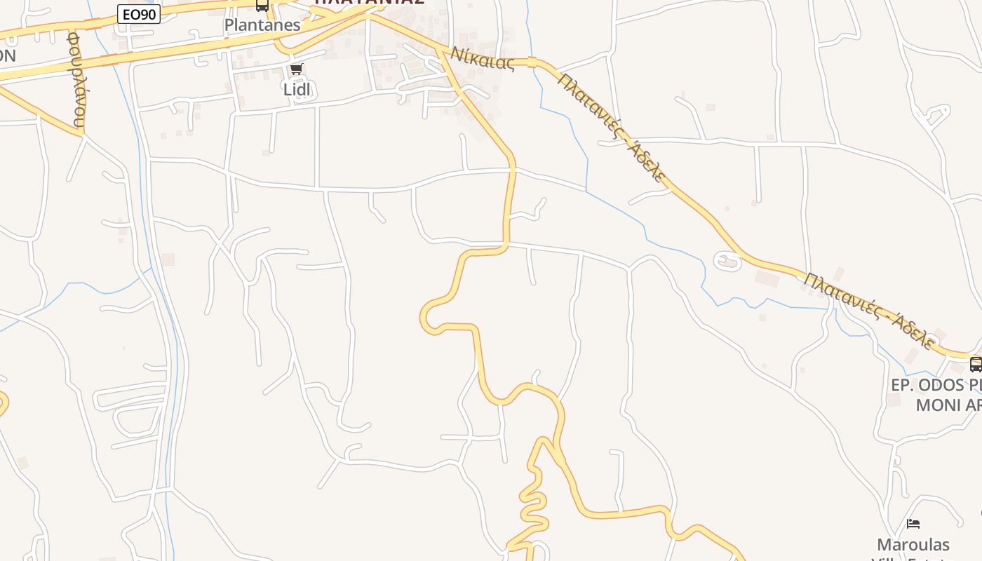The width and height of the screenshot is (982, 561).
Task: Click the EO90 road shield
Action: (139, 13)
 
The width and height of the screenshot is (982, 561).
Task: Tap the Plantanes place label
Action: (262, 25)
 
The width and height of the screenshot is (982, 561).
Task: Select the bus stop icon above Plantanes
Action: (262, 6)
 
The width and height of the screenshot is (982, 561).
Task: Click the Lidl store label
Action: (297, 89)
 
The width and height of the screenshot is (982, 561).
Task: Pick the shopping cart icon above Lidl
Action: (296, 69)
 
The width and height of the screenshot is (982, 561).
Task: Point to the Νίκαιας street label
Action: (483, 58)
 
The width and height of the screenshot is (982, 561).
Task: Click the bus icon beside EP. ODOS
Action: (975, 364)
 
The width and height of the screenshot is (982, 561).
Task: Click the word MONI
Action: (939, 405)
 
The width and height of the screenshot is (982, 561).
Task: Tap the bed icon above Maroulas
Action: (913, 523)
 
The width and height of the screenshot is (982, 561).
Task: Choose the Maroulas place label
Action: (913, 544)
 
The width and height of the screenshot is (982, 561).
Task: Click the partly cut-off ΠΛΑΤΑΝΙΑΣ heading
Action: (369, 3)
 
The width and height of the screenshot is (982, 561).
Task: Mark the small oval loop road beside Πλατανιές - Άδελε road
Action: (727, 261)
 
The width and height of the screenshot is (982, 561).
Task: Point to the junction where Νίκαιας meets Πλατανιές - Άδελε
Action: (534, 62)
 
